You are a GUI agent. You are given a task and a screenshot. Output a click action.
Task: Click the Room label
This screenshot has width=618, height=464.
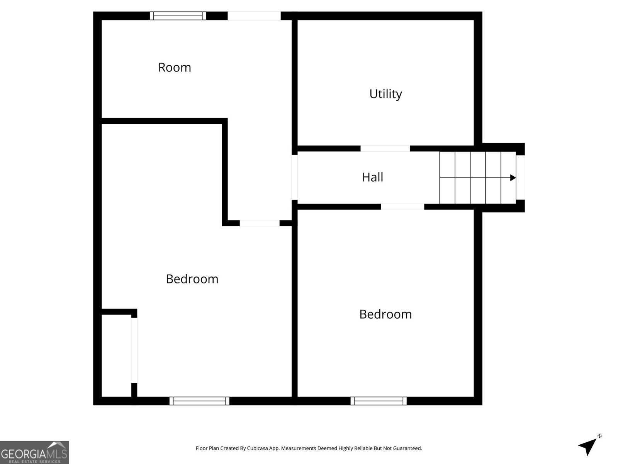[175, 68]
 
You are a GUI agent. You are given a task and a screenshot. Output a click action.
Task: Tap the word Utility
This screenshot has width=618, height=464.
[385, 94]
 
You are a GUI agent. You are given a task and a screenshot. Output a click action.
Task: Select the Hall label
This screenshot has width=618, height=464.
[372, 177]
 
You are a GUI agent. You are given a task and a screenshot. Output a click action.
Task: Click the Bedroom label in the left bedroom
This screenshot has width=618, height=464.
[192, 279]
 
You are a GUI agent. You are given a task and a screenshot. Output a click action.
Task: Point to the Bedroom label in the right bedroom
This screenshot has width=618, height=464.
[385, 314]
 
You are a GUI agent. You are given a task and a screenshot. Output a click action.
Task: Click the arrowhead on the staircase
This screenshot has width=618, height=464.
[513, 178]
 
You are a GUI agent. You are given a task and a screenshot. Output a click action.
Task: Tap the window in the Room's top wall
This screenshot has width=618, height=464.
[178, 16]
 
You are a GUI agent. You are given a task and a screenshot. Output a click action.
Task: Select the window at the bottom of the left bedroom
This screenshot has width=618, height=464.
[199, 401]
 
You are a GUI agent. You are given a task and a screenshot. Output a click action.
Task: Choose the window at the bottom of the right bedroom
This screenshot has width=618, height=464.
[379, 401]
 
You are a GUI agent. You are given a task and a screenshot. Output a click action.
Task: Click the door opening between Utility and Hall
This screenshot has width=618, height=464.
[385, 148]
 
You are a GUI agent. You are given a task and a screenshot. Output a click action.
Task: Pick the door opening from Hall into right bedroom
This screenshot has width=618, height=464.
[402, 207]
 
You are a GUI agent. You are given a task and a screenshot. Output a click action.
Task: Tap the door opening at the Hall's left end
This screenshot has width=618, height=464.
[294, 177]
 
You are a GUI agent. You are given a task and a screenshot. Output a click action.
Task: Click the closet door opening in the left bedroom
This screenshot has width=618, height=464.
[134, 350]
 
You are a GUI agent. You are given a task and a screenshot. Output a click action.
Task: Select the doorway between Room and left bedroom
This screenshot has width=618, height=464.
[260, 223]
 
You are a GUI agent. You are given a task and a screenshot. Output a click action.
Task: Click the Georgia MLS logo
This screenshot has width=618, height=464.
[34, 452]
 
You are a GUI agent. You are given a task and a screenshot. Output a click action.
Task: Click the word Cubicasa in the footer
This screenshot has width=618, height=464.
[257, 448]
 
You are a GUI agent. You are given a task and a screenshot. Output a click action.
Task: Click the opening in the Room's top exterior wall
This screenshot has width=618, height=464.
[254, 16]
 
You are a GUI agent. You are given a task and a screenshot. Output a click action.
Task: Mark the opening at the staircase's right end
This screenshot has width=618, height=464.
[520, 177]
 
